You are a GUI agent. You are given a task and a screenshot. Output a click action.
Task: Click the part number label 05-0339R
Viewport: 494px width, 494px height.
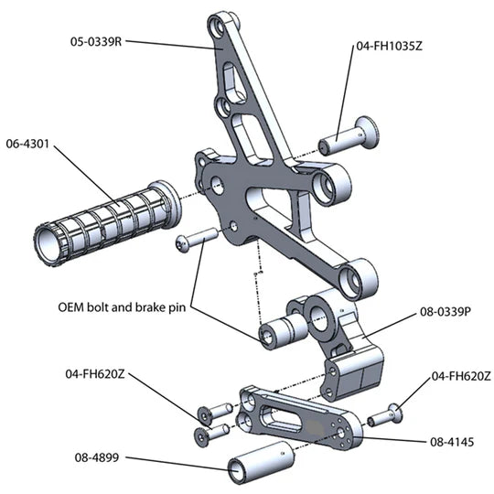pos(96,41)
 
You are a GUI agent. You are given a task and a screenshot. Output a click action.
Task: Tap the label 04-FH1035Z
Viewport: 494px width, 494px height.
pos(389,47)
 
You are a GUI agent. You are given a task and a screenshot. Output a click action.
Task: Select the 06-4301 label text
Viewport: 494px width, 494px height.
pos(27,144)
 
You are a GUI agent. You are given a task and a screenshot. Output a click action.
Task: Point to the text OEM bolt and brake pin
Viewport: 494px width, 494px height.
pos(123,307)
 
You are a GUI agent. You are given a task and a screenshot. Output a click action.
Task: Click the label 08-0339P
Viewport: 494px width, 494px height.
pos(446,312)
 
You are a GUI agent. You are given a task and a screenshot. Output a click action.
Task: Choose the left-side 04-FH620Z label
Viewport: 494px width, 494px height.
pos(95,374)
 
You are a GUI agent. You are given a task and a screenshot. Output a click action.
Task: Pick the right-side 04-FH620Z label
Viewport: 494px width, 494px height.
pos(461,376)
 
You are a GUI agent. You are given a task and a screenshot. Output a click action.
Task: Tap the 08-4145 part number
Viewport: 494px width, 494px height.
pos(452,442)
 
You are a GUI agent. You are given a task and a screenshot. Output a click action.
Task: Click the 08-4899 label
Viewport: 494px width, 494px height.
pos(97,457)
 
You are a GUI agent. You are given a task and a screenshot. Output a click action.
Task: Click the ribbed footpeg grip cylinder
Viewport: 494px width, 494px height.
pos(107,222)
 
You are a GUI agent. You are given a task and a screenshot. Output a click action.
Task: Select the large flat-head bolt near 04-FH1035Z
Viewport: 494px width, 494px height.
pos(349,136)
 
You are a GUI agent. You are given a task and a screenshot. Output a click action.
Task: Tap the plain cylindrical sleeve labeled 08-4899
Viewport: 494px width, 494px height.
pos(261,462)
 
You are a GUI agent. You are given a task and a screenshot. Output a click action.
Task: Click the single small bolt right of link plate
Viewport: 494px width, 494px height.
pos(385,415)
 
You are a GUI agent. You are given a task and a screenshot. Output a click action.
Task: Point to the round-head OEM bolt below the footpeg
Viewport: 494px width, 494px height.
pos(197,240)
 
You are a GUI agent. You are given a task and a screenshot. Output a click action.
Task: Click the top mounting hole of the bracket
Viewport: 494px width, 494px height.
pos(218,27)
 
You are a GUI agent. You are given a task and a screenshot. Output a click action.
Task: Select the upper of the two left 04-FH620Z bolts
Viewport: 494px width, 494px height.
pos(215,413)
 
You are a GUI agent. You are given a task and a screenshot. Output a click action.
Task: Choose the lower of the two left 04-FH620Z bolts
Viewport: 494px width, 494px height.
pos(211,435)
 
